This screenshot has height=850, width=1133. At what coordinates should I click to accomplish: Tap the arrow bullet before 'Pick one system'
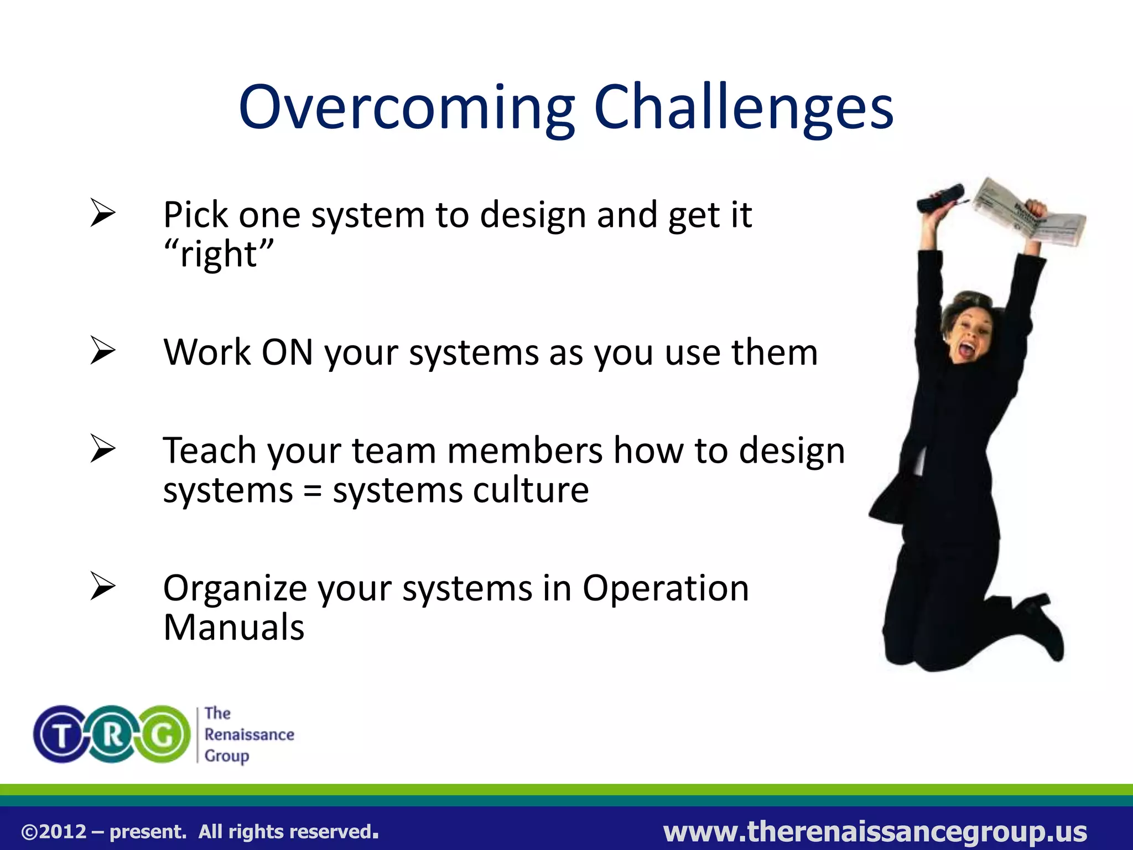[103, 214]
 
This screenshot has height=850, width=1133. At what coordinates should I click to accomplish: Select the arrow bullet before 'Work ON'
[103, 351]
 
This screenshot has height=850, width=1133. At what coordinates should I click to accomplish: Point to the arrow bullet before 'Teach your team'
[103, 449]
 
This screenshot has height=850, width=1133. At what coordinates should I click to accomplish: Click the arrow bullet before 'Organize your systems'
[103, 587]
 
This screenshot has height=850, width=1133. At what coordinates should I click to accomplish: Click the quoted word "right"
[219, 254]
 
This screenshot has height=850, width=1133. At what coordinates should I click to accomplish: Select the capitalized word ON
[287, 352]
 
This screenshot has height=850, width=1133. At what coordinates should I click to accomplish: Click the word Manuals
[233, 628]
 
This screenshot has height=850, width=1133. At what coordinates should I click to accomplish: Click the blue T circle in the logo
[61, 734]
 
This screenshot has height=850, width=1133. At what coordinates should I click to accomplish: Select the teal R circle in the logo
[112, 734]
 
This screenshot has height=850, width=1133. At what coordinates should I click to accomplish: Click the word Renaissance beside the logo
[249, 734]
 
